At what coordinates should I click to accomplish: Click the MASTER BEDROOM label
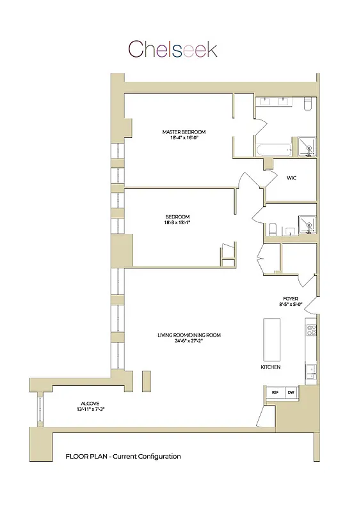click(184, 132)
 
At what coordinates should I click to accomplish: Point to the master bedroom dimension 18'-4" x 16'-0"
click(184, 138)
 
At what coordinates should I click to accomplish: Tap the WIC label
click(292, 178)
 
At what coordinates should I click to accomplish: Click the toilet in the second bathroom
click(272, 229)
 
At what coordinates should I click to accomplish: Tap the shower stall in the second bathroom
click(307, 223)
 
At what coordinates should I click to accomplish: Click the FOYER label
click(291, 298)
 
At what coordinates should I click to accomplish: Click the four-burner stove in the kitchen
click(312, 330)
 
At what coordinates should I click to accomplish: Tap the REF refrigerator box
click(275, 392)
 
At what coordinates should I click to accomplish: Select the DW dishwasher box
click(291, 392)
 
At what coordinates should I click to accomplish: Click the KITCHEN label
click(270, 368)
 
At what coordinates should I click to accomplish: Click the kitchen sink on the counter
click(311, 369)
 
